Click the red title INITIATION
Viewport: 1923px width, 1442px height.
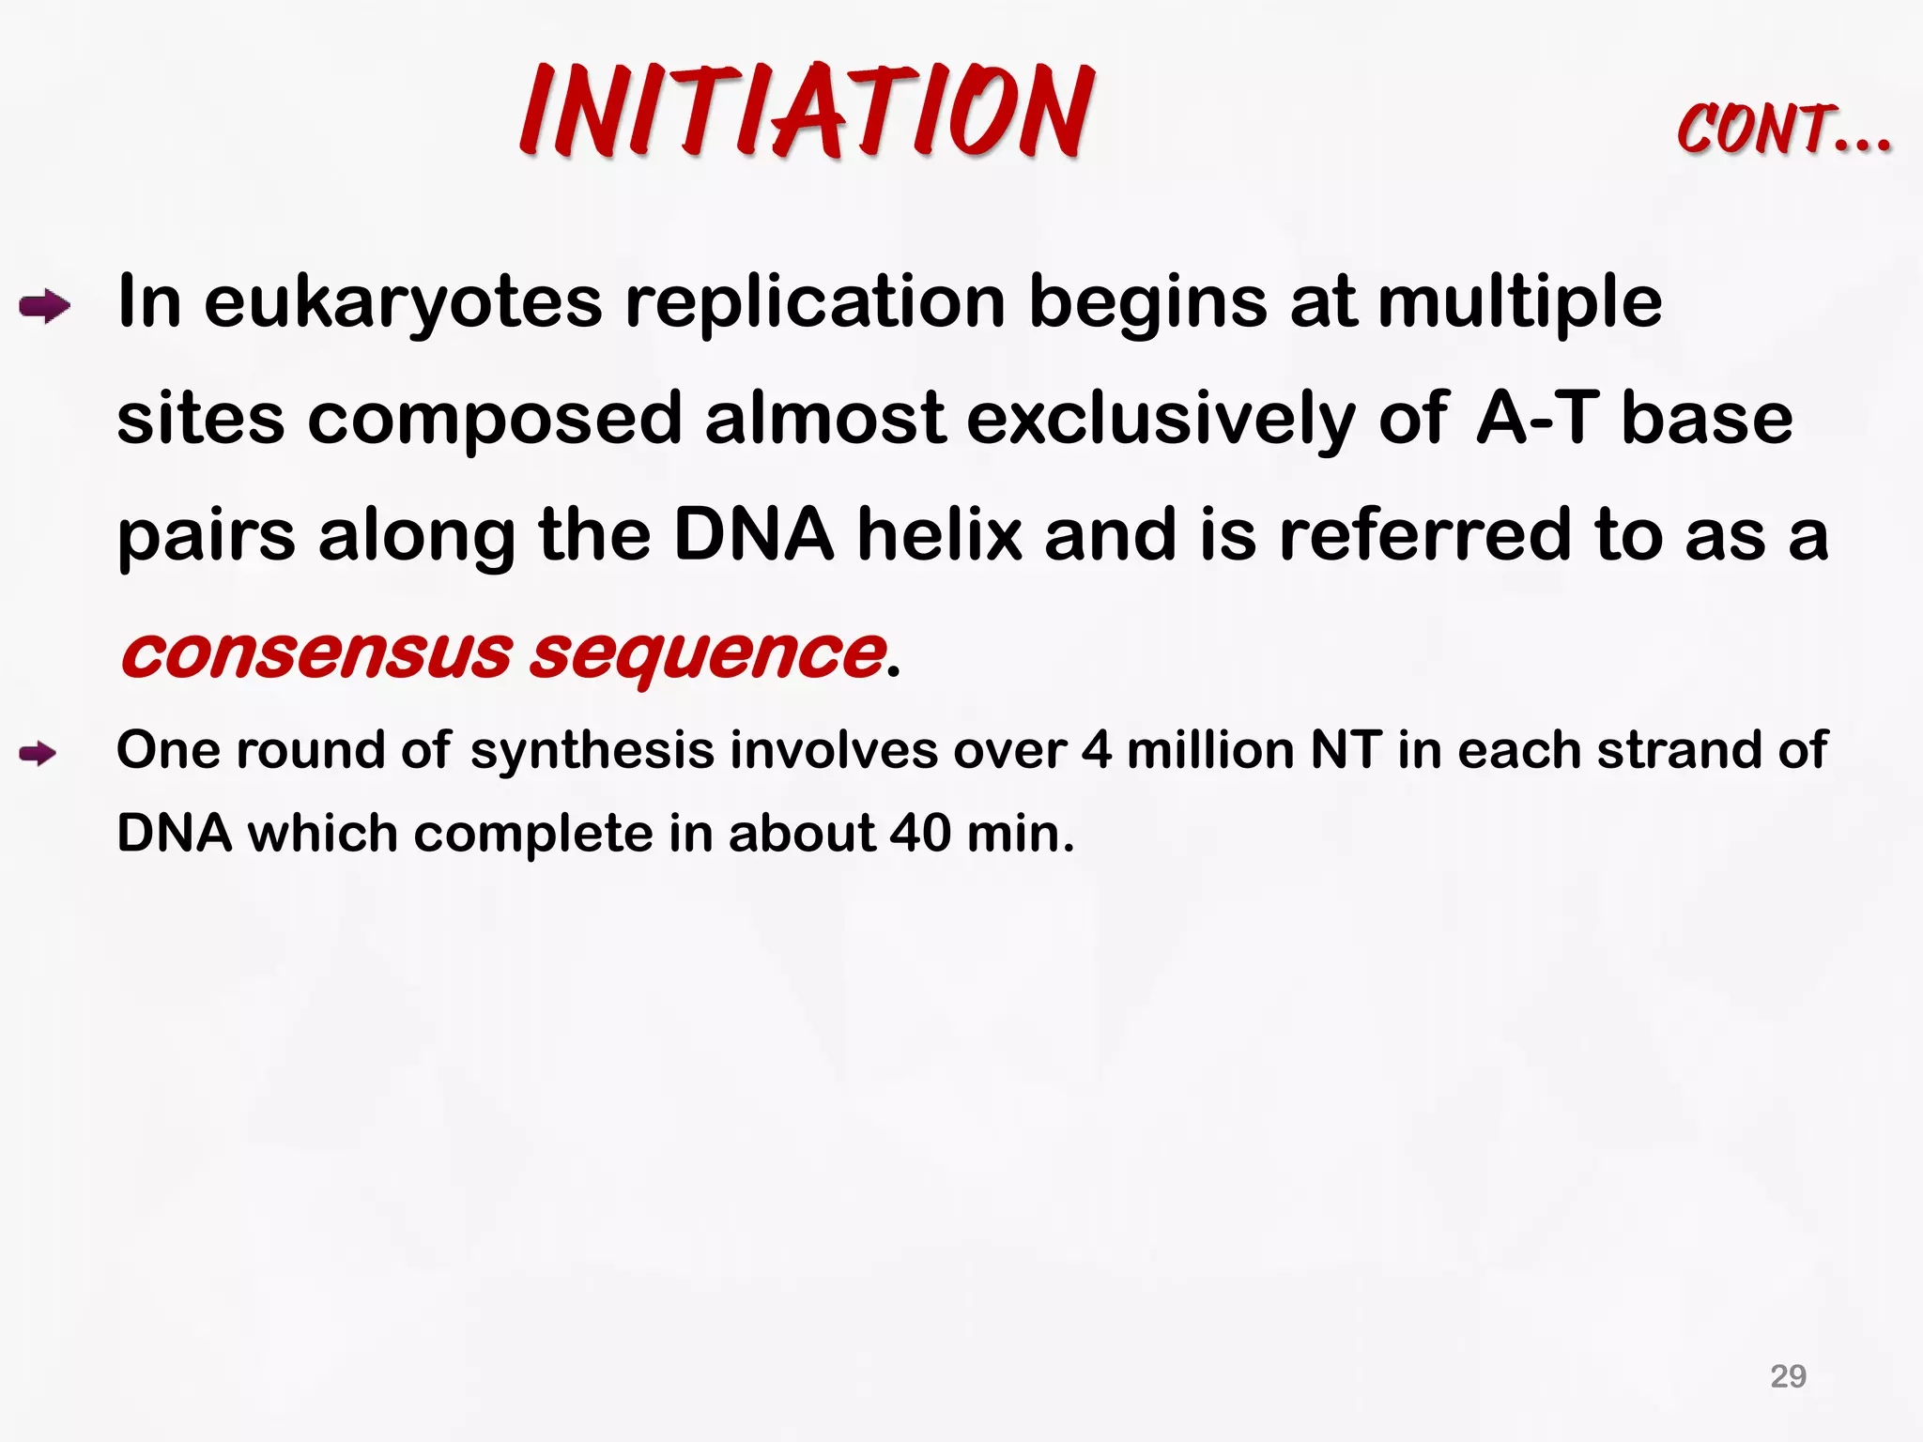[x=808, y=111]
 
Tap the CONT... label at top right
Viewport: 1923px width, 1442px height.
[x=1783, y=130]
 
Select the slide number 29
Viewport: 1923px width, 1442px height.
[x=1788, y=1376]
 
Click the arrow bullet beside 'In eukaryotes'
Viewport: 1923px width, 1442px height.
[x=44, y=307]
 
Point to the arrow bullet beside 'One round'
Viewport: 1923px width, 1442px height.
[x=38, y=753]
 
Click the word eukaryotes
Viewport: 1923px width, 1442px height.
[x=403, y=303]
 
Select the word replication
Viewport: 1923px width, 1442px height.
[x=815, y=303]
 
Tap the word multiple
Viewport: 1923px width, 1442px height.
[x=1519, y=303]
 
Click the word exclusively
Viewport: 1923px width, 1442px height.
[x=1161, y=419]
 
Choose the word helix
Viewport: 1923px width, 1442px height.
[x=939, y=535]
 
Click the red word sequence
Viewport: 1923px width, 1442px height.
[x=707, y=654]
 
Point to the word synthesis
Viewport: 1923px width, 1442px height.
[x=592, y=751]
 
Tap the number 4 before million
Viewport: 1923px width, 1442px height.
[x=1097, y=751]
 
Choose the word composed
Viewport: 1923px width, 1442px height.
[x=494, y=421]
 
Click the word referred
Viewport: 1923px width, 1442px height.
[x=1424, y=535]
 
